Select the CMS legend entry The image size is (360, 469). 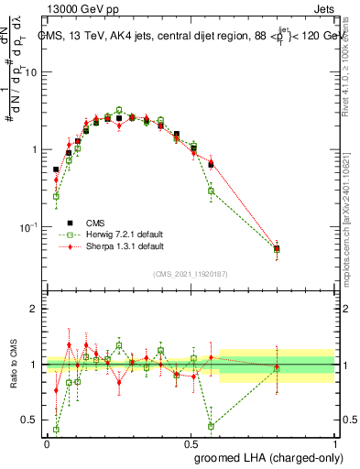95,223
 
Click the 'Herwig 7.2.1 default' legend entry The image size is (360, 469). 126,234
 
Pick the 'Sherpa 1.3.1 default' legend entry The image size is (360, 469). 125,246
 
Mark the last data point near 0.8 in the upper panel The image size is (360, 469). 277,248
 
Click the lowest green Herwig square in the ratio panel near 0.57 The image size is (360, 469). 211,426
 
